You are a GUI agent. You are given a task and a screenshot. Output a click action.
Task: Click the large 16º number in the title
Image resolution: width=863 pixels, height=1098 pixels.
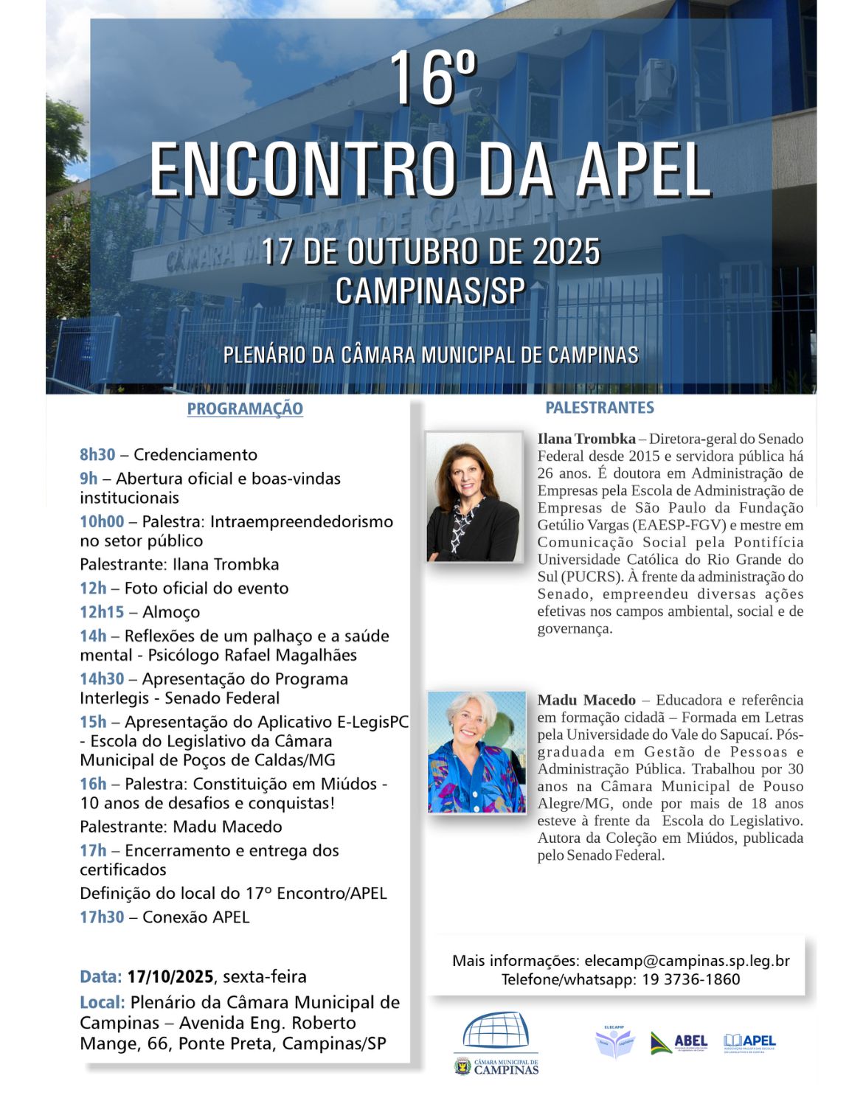(x=433, y=79)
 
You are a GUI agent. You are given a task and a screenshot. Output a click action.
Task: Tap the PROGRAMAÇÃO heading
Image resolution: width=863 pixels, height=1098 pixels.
(x=245, y=409)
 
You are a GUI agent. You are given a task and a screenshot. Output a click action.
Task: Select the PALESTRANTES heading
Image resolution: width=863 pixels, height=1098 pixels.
(x=600, y=408)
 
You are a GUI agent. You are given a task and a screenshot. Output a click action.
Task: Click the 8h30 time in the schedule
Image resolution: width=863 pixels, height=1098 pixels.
(x=97, y=455)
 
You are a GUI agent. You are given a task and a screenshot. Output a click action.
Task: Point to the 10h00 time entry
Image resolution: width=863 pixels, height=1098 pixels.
(x=102, y=522)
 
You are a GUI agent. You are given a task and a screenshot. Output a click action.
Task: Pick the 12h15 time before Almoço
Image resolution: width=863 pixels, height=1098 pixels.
(x=102, y=612)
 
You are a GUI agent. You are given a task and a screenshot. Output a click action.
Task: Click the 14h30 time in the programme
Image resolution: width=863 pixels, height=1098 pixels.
(x=102, y=679)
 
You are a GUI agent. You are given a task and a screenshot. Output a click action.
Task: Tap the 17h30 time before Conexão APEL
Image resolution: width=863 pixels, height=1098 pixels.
(x=102, y=917)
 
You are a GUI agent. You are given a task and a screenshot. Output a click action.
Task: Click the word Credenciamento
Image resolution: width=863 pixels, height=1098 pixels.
(x=195, y=455)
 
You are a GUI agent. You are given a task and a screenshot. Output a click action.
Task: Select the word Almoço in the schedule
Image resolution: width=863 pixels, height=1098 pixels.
(x=171, y=612)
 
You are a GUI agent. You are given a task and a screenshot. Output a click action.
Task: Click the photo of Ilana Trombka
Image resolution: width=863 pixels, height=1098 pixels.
(x=474, y=497)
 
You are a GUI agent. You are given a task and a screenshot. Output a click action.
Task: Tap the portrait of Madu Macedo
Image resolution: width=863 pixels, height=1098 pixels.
(x=476, y=751)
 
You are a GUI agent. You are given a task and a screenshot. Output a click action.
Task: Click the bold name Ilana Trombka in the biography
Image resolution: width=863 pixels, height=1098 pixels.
(x=586, y=439)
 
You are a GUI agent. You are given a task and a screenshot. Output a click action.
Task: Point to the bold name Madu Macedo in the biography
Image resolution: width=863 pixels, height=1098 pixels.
(x=586, y=701)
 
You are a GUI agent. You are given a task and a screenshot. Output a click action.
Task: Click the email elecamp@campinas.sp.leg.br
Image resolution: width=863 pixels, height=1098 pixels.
(x=687, y=961)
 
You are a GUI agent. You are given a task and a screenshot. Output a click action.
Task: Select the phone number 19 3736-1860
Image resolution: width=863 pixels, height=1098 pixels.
(x=691, y=979)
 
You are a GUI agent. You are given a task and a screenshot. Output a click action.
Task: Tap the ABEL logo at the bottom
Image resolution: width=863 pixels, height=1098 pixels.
(x=679, y=1043)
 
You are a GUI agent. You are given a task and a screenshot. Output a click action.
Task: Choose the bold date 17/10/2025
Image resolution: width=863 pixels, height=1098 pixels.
(x=170, y=977)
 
